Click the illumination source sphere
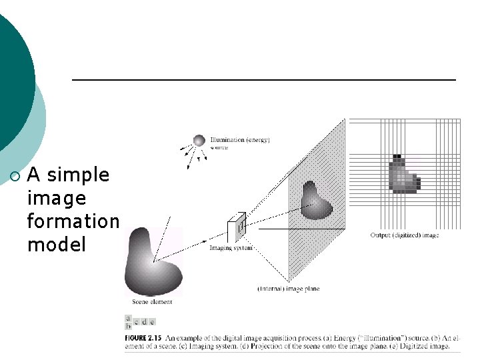[x=199, y=140]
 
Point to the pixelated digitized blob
[x=403, y=175]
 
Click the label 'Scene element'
[x=152, y=302]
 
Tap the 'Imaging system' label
[x=230, y=248]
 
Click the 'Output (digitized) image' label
[x=404, y=235]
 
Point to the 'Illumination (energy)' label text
[x=239, y=140]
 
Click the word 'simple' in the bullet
[x=78, y=175]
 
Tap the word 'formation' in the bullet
[x=73, y=221]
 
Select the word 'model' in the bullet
[x=57, y=244]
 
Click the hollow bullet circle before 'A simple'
[x=16, y=176]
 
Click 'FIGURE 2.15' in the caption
[x=143, y=339]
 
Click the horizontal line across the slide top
[x=263, y=80]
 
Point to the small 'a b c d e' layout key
[x=140, y=323]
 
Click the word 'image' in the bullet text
[x=57, y=198]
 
